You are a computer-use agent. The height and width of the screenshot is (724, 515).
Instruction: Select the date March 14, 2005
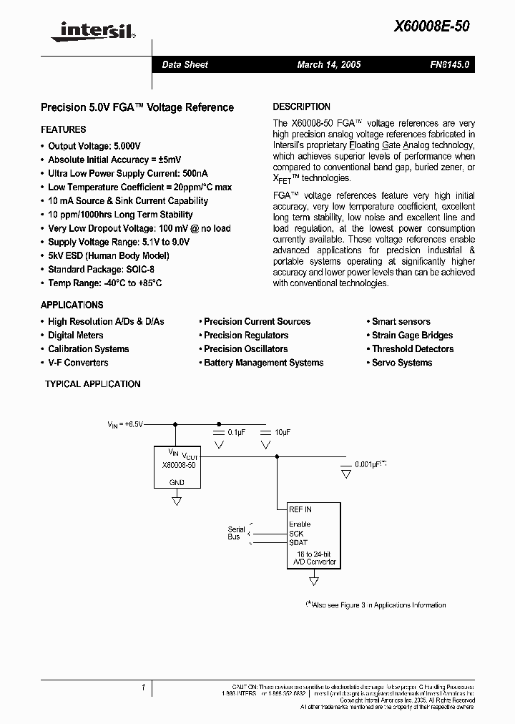tap(329, 64)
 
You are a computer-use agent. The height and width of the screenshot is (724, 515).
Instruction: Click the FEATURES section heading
tap(63, 129)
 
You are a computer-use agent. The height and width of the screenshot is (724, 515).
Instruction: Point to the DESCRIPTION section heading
tap(301, 107)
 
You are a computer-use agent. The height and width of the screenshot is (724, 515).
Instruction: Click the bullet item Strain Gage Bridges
tap(412, 336)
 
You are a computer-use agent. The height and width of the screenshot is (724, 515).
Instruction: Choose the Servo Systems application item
tap(401, 363)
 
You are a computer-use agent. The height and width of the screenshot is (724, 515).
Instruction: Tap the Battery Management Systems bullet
tap(263, 363)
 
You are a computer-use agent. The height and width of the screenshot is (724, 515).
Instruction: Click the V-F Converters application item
tap(77, 363)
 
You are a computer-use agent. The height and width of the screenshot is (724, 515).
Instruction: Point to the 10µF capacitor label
tap(282, 433)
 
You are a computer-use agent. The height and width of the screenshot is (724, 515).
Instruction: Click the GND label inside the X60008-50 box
tap(176, 482)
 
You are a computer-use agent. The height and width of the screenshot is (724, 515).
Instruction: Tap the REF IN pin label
tap(300, 509)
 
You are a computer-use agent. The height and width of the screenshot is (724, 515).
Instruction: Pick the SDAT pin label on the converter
tap(298, 542)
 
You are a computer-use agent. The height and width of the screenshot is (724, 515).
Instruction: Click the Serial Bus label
tap(236, 533)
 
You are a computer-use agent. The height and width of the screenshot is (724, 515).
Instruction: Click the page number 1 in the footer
tap(143, 688)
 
